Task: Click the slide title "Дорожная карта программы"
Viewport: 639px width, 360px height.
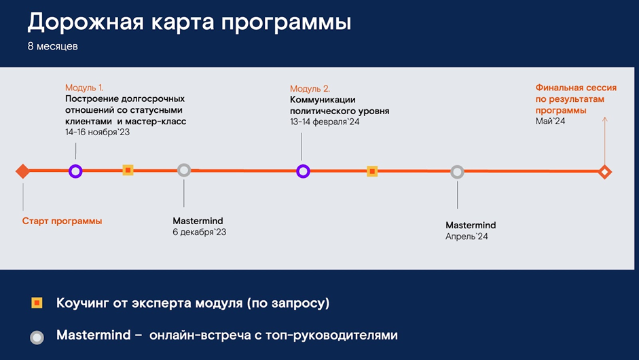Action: (189, 22)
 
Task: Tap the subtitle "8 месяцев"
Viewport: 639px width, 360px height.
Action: (52, 46)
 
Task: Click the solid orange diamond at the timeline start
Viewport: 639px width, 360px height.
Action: (23, 171)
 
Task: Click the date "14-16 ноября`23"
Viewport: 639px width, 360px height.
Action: (97, 132)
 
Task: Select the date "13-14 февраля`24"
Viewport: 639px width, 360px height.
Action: (325, 122)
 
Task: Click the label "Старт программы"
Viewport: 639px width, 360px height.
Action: (62, 221)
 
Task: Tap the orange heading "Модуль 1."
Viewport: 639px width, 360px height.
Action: (84, 88)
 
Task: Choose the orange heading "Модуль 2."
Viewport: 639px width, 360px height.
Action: (310, 88)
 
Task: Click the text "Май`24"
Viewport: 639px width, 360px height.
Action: (550, 121)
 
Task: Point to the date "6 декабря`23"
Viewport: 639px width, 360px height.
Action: (199, 232)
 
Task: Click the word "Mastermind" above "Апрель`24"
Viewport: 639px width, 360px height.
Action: (471, 225)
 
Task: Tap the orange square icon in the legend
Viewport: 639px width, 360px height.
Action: (37, 303)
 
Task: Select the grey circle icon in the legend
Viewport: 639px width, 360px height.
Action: (37, 338)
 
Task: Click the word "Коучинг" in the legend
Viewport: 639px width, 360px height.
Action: (82, 303)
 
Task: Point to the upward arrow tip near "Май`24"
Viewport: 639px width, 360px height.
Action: (605, 118)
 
